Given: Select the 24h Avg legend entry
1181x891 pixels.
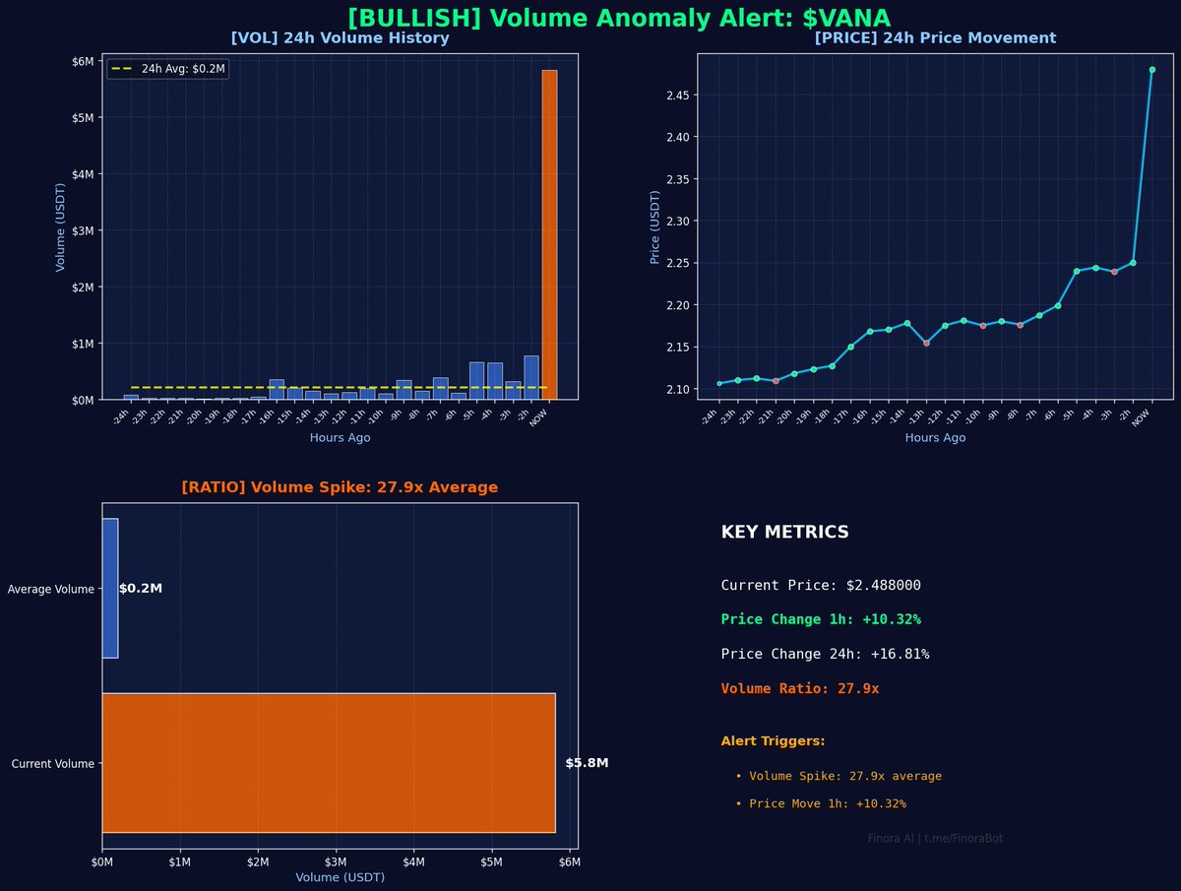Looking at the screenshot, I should pos(168,69).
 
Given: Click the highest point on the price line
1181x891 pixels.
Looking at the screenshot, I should pos(1151,70).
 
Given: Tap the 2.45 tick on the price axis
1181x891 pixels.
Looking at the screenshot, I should pos(676,95).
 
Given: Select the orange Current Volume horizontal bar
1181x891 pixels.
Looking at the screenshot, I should pos(329,763).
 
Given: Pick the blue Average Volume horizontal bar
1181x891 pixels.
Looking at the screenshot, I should pos(110,588).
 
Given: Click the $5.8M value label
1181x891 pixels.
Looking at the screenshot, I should pos(587,763).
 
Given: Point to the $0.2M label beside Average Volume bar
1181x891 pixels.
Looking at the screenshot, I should pos(141,589).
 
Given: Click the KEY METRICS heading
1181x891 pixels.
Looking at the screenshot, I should pos(784,533).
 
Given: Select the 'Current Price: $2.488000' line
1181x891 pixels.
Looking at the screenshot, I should pos(821,585).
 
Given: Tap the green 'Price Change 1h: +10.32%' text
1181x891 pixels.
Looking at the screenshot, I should pos(821,619).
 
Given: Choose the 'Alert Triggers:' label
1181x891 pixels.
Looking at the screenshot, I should pos(773,741).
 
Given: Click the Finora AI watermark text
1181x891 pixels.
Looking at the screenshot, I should pos(935,839).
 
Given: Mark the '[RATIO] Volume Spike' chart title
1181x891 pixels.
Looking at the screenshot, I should pos(340,487).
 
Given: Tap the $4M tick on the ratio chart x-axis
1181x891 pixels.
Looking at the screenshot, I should pos(413,862).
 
